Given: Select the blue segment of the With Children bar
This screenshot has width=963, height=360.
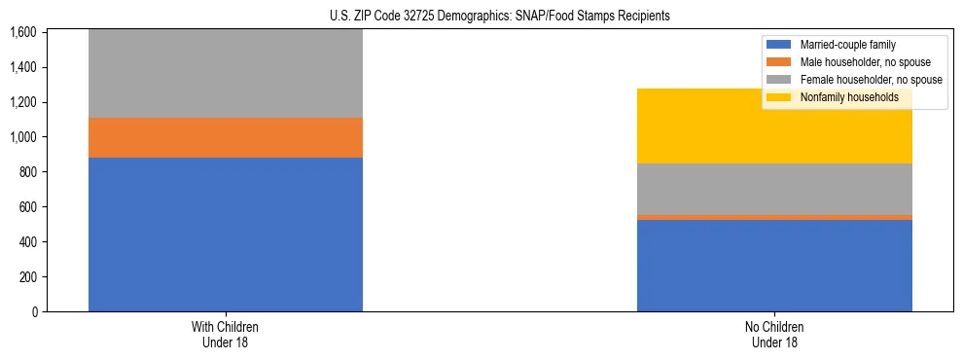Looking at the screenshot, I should coord(225,234).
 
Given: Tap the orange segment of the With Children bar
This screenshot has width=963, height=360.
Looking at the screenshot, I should coord(225,137).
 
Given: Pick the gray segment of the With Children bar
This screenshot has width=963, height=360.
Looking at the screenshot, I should coord(225,73).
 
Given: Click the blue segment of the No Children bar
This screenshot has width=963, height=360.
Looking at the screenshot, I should coord(774,266).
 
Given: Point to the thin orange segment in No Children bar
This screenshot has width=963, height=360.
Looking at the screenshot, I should coord(774,217).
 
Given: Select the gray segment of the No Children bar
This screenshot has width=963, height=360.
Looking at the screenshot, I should coord(774,189).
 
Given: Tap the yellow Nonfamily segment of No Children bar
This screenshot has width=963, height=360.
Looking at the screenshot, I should coord(774,126).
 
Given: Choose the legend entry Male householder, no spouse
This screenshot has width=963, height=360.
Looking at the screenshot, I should coord(857,62).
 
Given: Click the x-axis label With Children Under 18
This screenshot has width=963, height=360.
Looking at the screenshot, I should coord(225,334).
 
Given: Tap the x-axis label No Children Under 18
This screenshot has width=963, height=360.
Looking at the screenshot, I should coord(774,334).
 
